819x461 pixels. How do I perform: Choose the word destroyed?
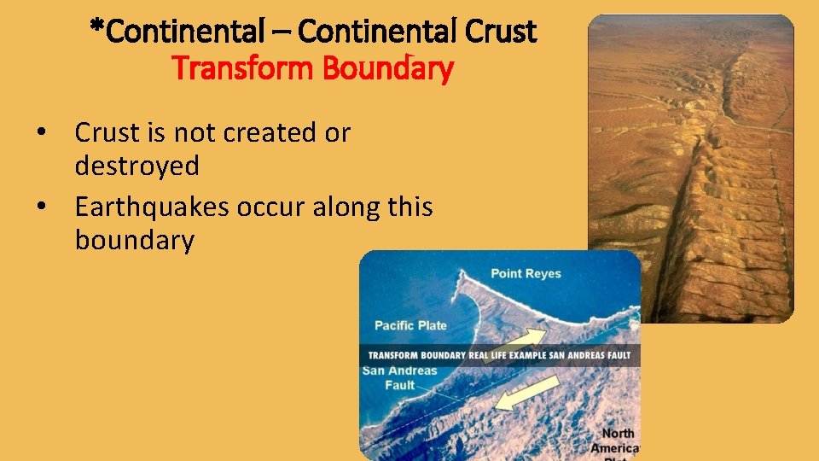(x=136, y=166)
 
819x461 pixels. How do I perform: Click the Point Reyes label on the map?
(x=526, y=274)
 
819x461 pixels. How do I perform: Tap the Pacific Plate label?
(x=410, y=325)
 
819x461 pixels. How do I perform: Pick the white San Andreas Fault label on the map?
(x=399, y=378)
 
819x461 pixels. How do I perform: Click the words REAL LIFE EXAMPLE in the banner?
(x=511, y=355)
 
